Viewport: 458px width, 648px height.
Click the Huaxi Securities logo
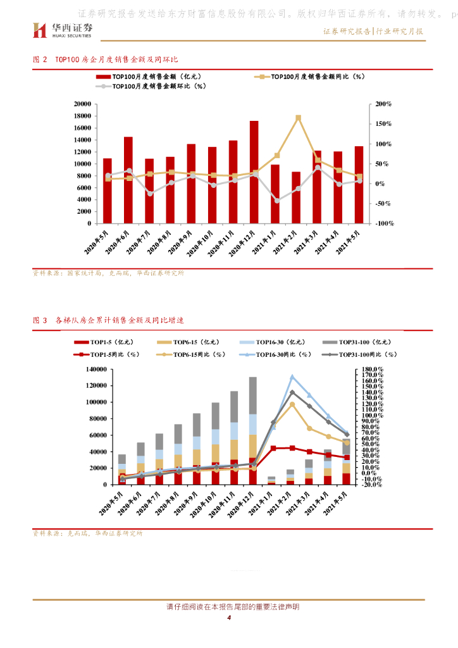click(63, 29)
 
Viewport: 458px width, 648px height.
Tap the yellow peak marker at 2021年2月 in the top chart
click(298, 118)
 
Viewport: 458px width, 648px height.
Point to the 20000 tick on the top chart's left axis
click(83, 104)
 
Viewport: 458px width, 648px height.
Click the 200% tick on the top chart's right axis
click(383, 104)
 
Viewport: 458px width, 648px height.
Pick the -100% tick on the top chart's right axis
click(383, 223)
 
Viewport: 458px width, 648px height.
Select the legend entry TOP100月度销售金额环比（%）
click(152, 86)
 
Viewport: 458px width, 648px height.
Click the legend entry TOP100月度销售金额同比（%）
click(310, 77)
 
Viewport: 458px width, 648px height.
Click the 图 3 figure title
click(108, 321)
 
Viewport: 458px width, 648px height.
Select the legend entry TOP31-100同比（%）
click(364, 354)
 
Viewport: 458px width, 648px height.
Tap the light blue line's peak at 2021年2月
click(292, 377)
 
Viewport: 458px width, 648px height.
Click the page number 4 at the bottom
click(229, 618)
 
